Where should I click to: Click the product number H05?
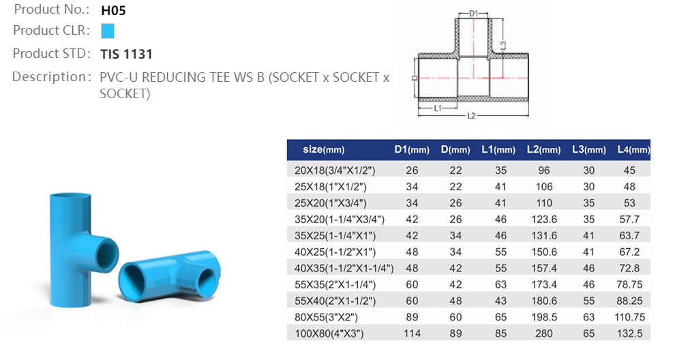pos(113,10)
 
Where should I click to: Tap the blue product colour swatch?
pos(107,31)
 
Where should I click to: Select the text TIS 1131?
pos(126,54)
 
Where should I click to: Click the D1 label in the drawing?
pos(474,13)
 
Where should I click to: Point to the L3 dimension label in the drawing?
pos(503,45)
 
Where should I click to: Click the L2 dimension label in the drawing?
pos(470,116)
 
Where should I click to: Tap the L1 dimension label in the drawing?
pos(438,108)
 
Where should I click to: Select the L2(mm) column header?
pos(543,149)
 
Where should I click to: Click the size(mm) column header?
pos(324,149)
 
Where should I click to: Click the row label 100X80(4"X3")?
pos(330,333)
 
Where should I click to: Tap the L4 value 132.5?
pos(629,333)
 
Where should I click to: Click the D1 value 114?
pos(411,333)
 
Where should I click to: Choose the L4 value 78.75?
pos(629,284)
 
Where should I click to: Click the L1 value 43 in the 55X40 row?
pos(501,301)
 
